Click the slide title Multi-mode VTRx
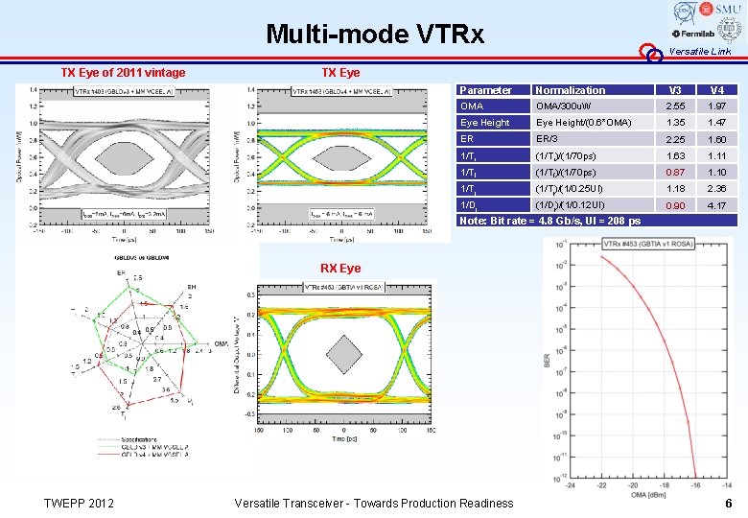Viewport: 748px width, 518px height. click(x=375, y=35)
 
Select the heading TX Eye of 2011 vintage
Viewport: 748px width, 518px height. click(x=123, y=73)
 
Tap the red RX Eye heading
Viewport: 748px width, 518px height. click(x=340, y=268)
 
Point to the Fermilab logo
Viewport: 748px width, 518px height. click(x=694, y=34)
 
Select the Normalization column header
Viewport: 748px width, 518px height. click(x=571, y=90)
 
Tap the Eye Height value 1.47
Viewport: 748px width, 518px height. click(x=716, y=123)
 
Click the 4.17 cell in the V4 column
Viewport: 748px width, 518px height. click(x=716, y=205)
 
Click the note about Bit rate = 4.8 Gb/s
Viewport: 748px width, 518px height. click(x=549, y=222)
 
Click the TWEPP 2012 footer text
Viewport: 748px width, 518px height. click(x=80, y=504)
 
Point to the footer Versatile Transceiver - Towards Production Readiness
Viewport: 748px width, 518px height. click(x=374, y=504)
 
